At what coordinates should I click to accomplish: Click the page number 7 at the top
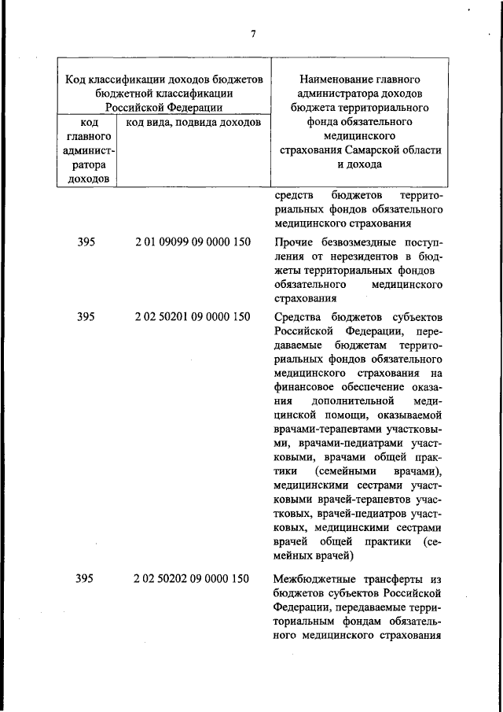tap(253, 33)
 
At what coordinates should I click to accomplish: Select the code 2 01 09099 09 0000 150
tap(193, 242)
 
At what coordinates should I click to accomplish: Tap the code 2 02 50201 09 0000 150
tap(193, 317)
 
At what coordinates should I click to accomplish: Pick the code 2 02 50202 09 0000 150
tap(193, 578)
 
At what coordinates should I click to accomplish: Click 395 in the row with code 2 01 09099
tap(86, 242)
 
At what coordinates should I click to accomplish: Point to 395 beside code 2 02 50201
tap(86, 317)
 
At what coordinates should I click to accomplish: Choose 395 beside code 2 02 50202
tap(86, 578)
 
